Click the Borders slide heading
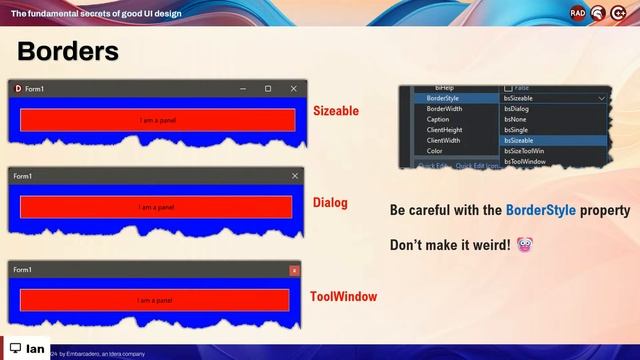(68, 51)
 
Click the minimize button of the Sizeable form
(242, 89)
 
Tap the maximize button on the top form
(268, 89)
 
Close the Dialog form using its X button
(294, 176)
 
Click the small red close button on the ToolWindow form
(294, 270)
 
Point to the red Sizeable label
(335, 111)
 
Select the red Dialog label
(330, 203)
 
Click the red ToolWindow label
(343, 297)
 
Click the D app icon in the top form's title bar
(17, 89)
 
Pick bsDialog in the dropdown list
(517, 109)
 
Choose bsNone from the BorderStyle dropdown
(515, 120)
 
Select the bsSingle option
(516, 130)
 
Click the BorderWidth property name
(444, 109)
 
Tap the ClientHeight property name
(445, 130)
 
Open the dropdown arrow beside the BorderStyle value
(601, 98)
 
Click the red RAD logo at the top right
(578, 13)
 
